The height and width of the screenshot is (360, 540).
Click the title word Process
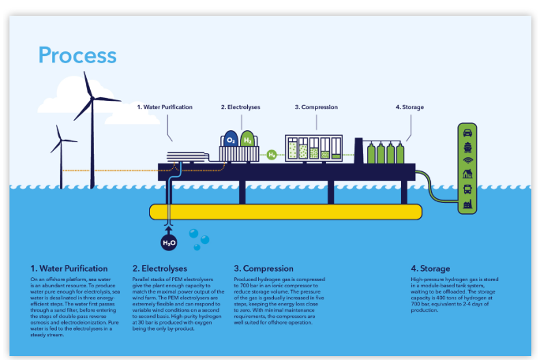pyautogui.click(x=77, y=55)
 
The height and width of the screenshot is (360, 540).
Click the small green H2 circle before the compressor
pyautogui.click(x=272, y=154)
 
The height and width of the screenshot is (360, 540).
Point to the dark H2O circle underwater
pyautogui.click(x=169, y=242)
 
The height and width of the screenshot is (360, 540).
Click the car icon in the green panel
pyautogui.click(x=467, y=133)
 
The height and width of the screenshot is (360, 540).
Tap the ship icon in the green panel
pyautogui.click(x=467, y=146)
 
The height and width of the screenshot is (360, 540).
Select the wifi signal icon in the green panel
pyautogui.click(x=467, y=160)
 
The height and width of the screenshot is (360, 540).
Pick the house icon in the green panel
pyautogui.click(x=467, y=174)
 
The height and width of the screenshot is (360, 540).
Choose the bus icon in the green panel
pyautogui.click(x=467, y=188)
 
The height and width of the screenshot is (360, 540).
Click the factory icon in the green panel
pyautogui.click(x=467, y=202)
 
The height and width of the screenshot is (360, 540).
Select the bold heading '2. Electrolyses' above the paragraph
pyautogui.click(x=158, y=268)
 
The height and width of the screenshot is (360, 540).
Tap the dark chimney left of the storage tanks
pyautogui.click(x=358, y=150)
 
